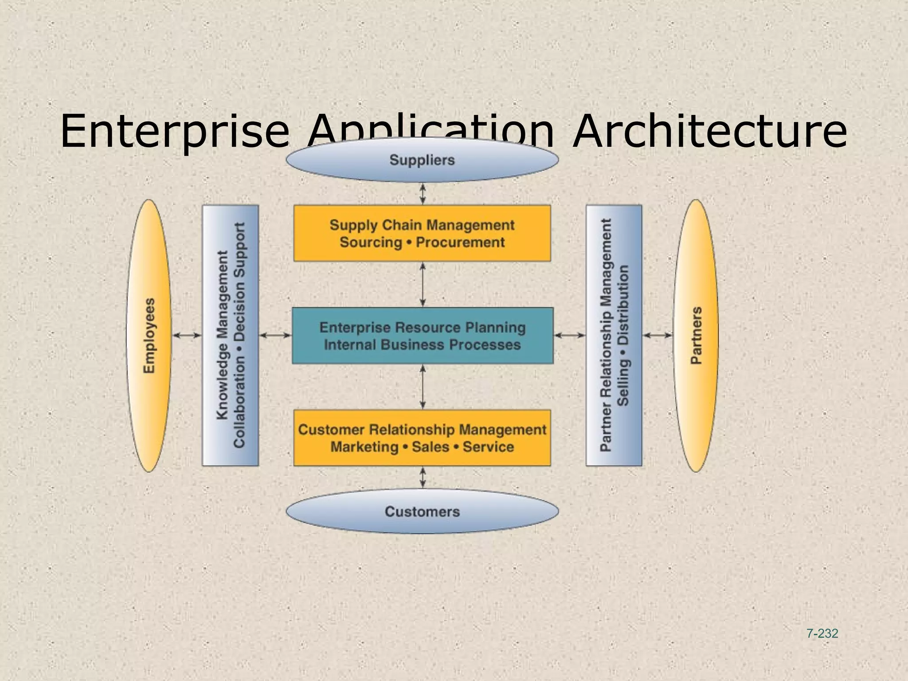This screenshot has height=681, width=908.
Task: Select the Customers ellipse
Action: [x=422, y=511]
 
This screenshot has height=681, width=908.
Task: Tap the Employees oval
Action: [x=149, y=336]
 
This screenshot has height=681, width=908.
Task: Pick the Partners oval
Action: [x=696, y=336]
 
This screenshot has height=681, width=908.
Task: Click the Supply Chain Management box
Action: [x=422, y=233]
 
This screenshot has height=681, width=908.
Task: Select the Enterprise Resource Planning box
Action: [x=422, y=336]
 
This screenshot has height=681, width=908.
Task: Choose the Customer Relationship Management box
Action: [x=422, y=438]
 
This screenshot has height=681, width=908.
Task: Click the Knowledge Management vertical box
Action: [x=230, y=336]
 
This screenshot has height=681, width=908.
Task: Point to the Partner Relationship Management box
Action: [x=614, y=336]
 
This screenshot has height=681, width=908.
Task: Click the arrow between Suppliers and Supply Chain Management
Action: [x=423, y=194]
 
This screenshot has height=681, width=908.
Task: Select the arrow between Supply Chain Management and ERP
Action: [x=423, y=284]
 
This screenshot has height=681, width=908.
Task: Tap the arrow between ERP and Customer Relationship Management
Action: [x=423, y=387]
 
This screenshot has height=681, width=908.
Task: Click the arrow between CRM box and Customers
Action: [x=423, y=477]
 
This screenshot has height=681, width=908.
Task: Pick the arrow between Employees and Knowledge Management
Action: [x=187, y=336]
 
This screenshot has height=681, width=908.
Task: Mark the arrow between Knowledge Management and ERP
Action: [x=275, y=336]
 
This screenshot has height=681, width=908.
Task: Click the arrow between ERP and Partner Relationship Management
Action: [x=570, y=336]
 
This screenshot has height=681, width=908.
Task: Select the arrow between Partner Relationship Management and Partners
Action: [x=658, y=336]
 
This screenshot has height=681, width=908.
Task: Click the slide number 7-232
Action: [x=822, y=634]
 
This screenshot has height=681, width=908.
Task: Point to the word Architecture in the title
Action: [x=709, y=131]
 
